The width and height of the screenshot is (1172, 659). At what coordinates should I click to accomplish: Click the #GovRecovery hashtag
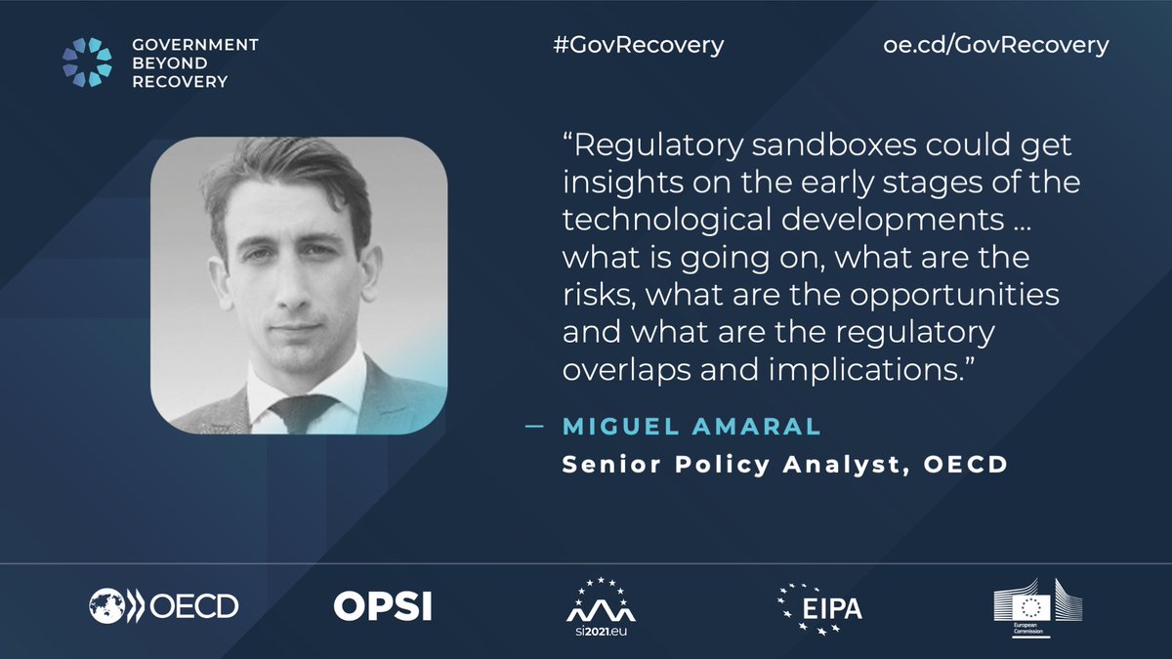tap(637, 46)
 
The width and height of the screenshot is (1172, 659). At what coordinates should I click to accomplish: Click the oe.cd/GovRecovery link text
tap(995, 46)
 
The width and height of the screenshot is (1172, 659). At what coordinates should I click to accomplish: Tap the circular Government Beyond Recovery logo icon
tap(88, 62)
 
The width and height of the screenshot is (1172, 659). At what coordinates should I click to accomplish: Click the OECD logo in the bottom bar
tap(163, 606)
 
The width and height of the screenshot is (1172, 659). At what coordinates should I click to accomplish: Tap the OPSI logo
tap(382, 606)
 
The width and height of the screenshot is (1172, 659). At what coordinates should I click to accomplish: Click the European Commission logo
tap(1037, 606)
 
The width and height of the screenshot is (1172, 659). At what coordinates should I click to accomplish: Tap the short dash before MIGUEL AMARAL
tap(533, 427)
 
